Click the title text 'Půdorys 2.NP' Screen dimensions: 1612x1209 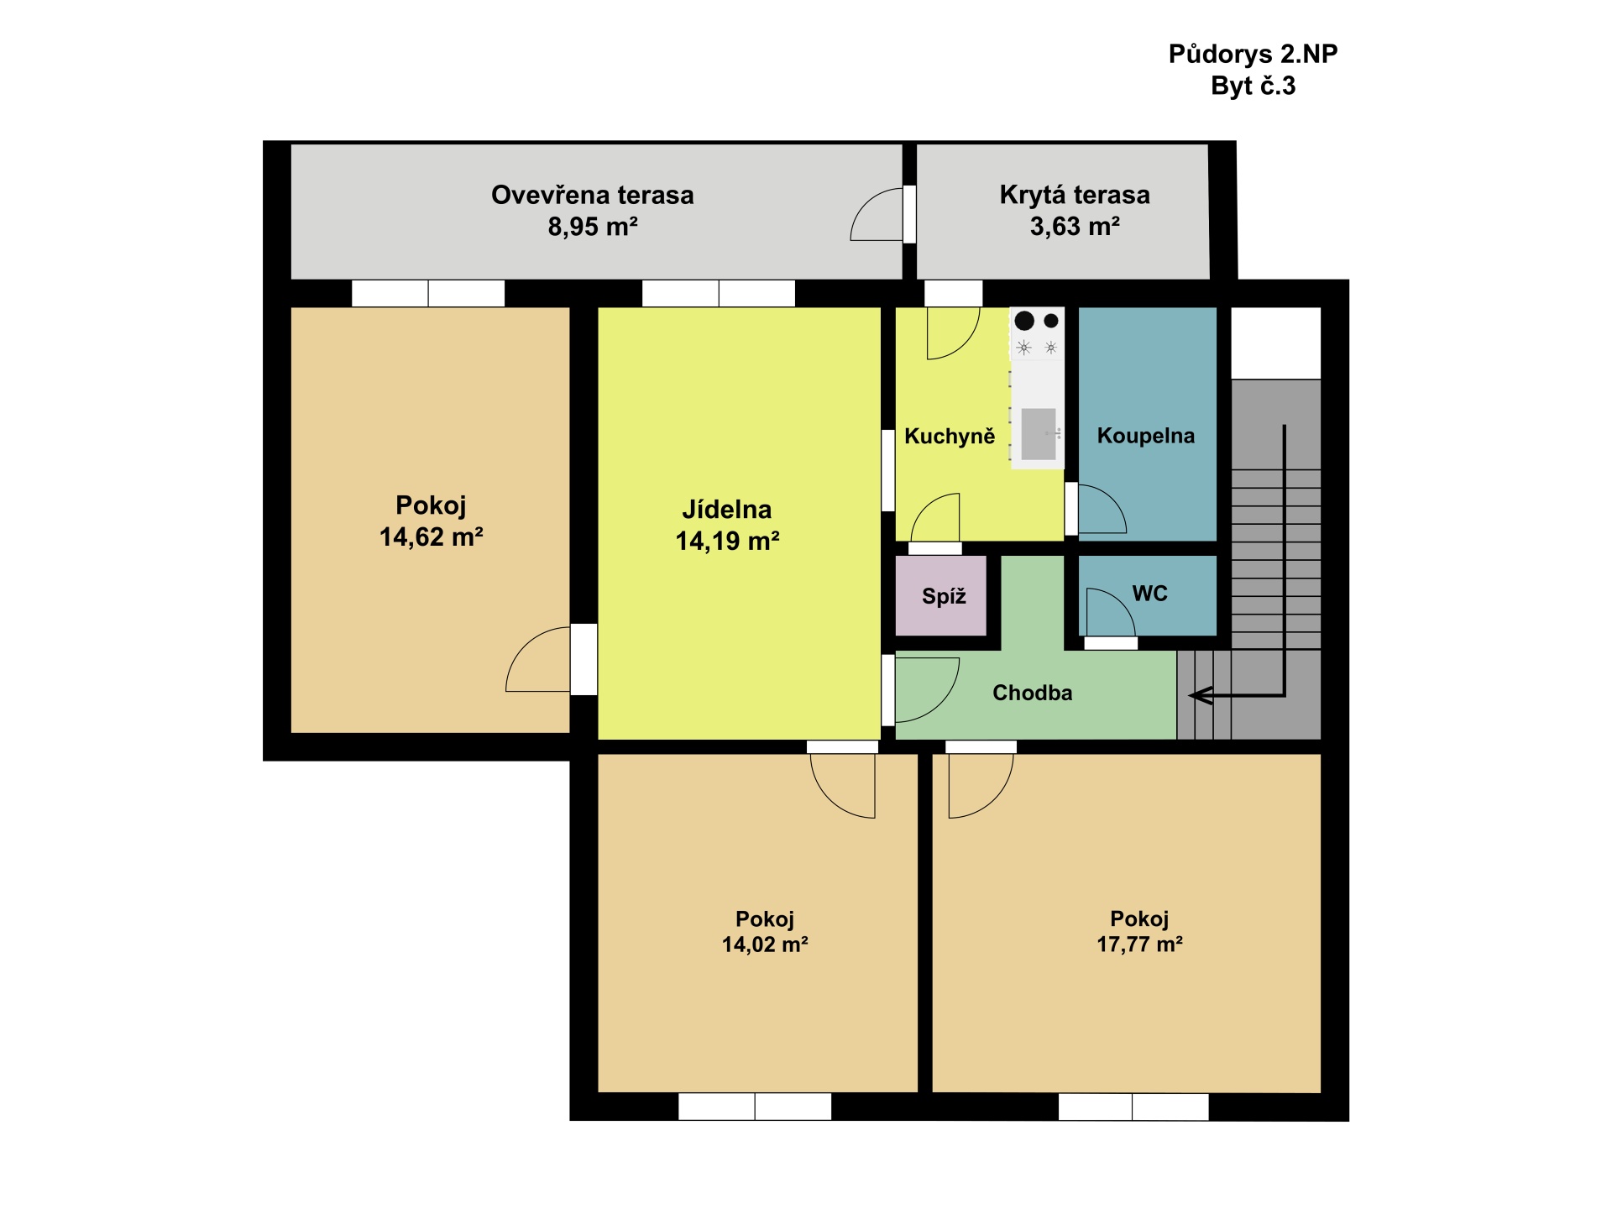coord(1253,55)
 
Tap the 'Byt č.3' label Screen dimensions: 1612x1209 coord(1253,86)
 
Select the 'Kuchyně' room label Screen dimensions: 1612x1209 coord(950,436)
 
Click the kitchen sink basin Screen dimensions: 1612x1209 coord(1039,434)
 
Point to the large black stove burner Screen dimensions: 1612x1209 coord(1024,320)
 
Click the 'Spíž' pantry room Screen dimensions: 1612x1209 coord(941,595)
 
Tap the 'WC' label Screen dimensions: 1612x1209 coord(1150,594)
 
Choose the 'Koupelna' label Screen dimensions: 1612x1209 coord(1146,436)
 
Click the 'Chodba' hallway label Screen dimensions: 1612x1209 coord(1033,693)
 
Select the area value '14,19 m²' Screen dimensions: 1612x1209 coord(728,541)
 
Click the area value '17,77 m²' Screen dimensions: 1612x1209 coord(1140,945)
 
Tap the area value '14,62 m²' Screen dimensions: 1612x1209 coord(432,536)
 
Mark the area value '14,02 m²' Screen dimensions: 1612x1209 coord(765,945)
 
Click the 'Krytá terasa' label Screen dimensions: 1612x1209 coord(1075,195)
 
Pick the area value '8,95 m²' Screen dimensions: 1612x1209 coord(593,227)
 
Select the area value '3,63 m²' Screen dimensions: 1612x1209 coord(1075,226)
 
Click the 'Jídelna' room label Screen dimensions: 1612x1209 coord(727,509)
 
